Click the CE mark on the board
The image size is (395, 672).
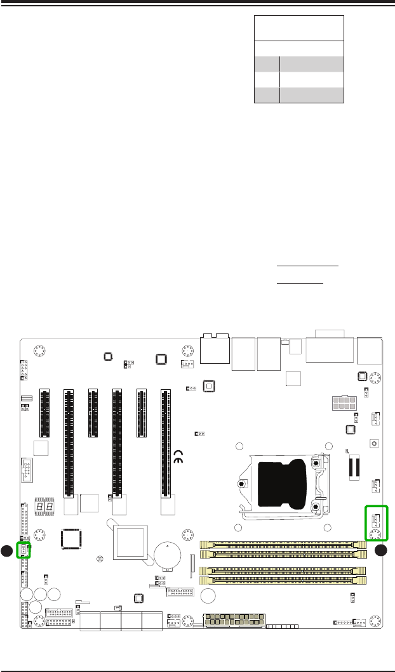point(179,457)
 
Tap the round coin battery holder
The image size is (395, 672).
point(167,555)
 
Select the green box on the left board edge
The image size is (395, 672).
point(24,550)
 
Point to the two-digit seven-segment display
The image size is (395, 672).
point(43,509)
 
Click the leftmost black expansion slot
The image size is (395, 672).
point(45,413)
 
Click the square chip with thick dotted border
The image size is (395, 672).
point(71,538)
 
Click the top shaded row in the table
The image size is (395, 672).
point(299,63)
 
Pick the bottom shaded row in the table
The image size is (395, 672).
point(299,96)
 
